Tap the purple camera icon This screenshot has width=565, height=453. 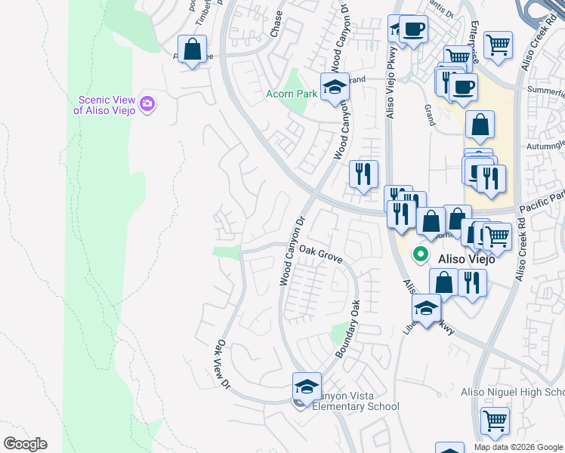tap(147, 103)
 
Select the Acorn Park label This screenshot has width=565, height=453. tap(291, 94)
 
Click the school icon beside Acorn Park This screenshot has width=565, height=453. tap(334, 87)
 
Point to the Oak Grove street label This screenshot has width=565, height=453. tap(321, 254)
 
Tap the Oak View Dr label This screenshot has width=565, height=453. tap(223, 364)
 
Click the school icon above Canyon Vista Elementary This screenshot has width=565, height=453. tap(307, 387)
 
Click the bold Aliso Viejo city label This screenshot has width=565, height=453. tap(467, 258)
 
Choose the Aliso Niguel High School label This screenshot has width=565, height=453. tap(513, 392)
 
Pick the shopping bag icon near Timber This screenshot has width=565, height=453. tap(193, 50)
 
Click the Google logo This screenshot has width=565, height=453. tap(25, 444)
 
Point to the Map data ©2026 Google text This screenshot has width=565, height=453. tap(517, 447)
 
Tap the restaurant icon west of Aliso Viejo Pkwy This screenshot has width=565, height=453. tap(363, 174)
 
